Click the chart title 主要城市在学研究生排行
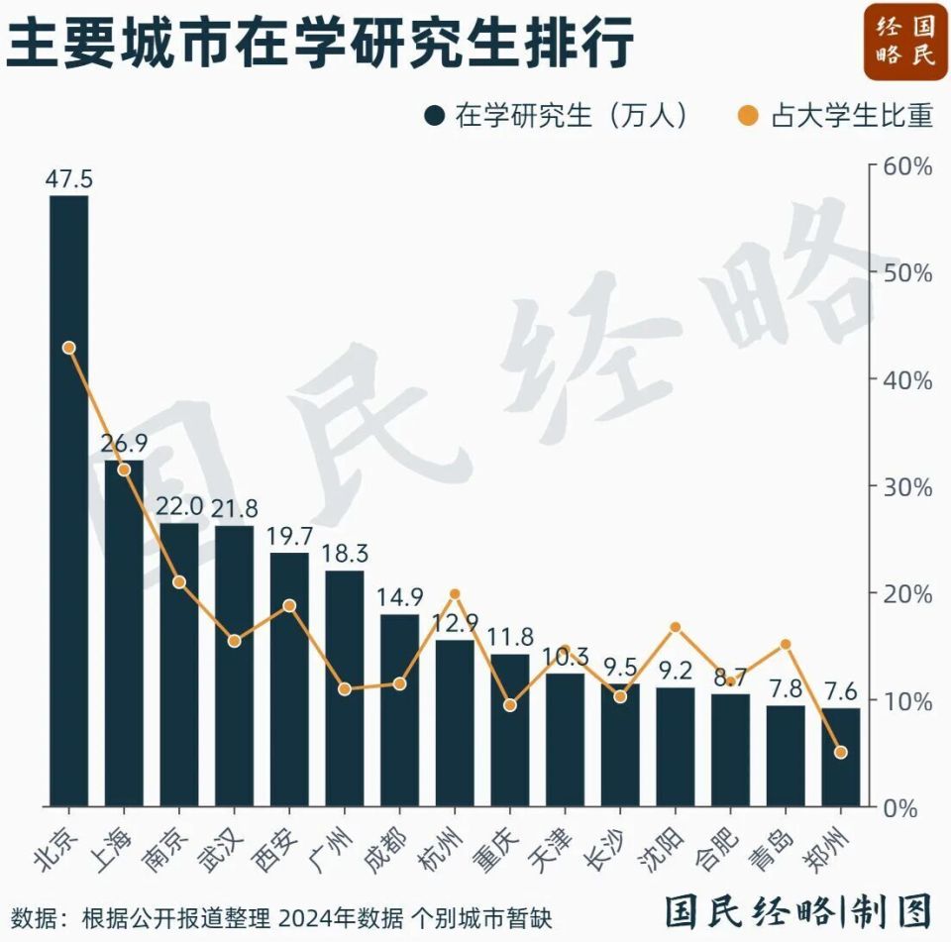(319, 44)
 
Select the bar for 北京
(69, 500)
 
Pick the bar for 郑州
(841, 757)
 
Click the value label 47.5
(69, 179)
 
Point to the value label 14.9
(400, 598)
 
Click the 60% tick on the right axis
(908, 165)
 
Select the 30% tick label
(908, 486)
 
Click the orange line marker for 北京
(69, 348)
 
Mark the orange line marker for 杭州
(455, 594)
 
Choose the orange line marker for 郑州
(841, 753)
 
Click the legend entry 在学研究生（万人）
(555, 116)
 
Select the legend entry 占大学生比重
(837, 116)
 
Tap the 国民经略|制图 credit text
(798, 911)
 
